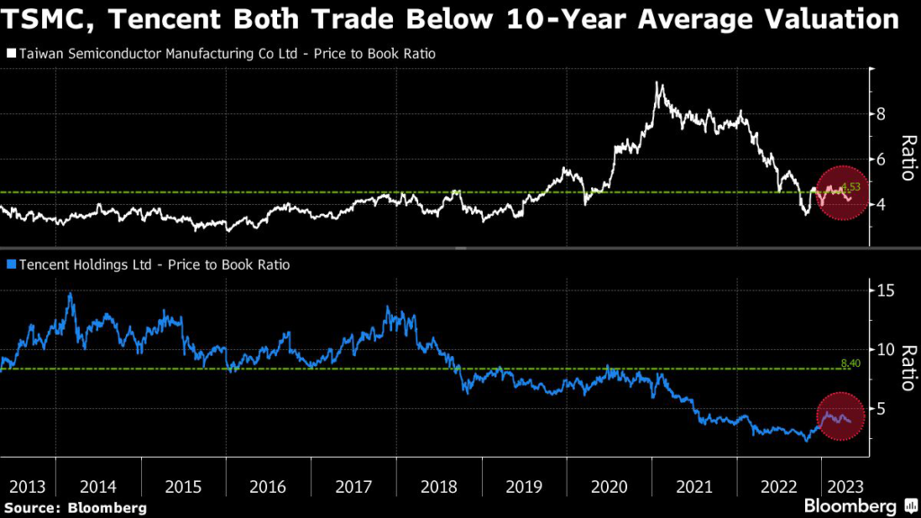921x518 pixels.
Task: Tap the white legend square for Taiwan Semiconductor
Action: click(x=11, y=54)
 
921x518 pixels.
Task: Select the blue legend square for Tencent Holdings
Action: click(x=11, y=264)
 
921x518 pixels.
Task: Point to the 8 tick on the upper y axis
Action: click(x=881, y=114)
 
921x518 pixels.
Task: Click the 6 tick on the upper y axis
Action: click(x=881, y=159)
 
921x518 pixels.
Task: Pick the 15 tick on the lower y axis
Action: click(x=885, y=290)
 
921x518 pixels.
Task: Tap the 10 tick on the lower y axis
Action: click(x=885, y=349)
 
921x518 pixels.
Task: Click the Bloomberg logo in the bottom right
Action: click(x=851, y=506)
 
